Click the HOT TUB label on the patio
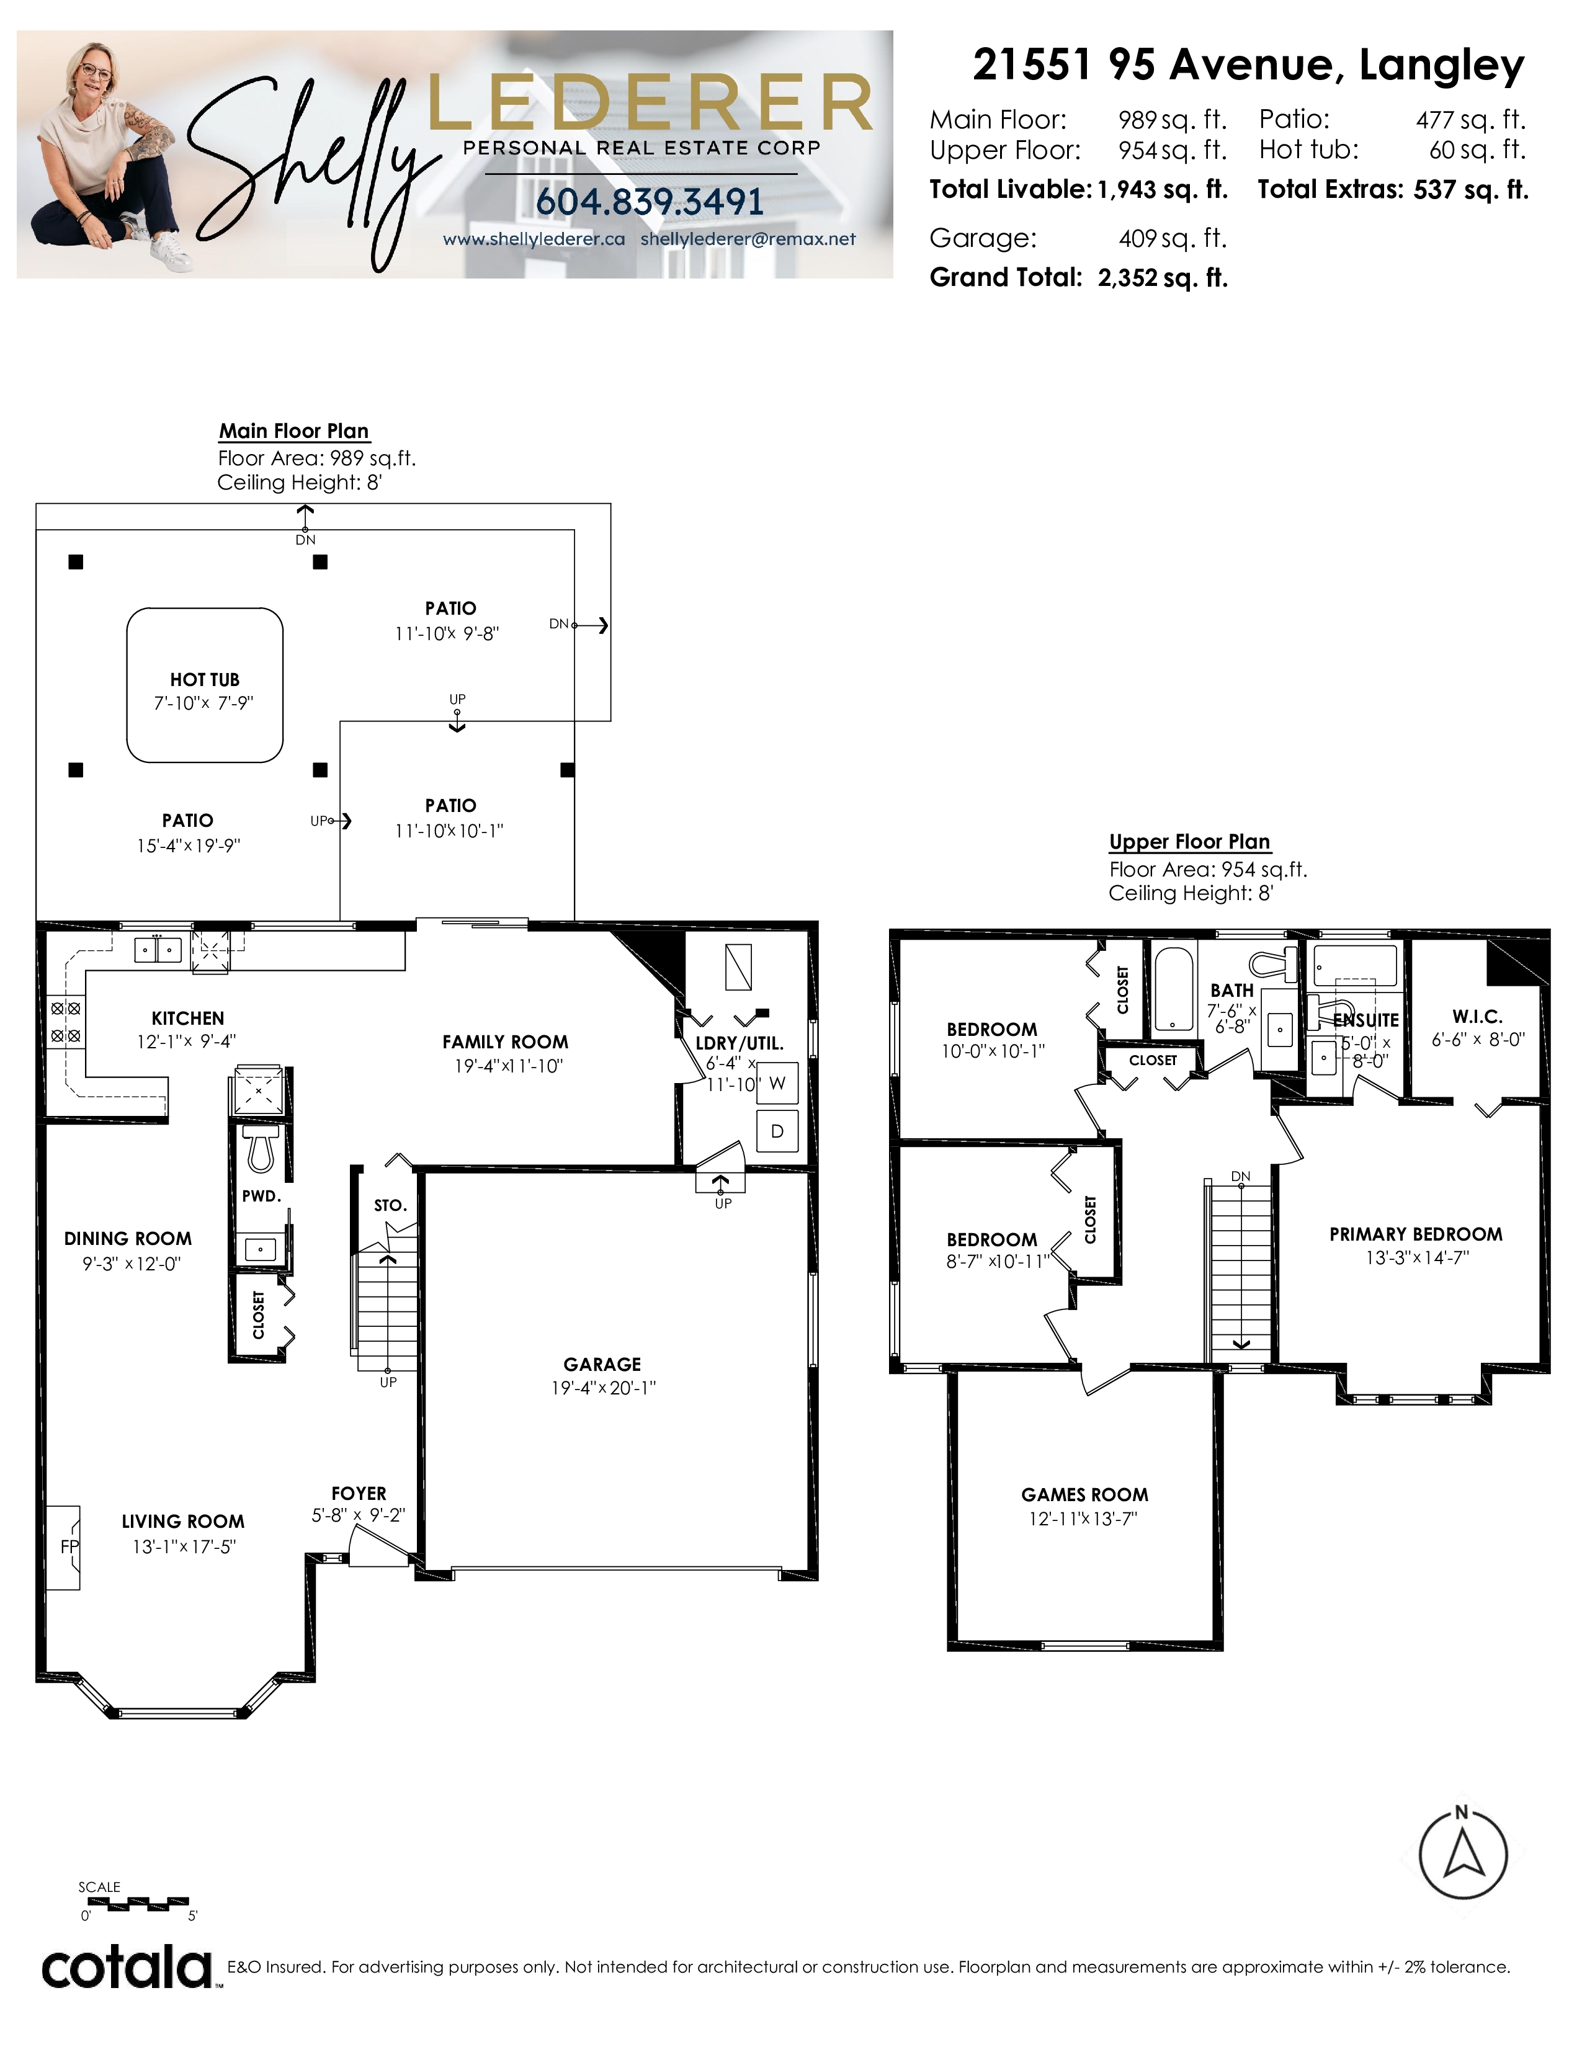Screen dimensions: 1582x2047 click(x=204, y=679)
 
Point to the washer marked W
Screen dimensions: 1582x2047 click(x=777, y=1084)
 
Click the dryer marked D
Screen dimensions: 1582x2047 click(x=777, y=1131)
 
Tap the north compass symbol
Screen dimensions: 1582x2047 click(x=1462, y=1852)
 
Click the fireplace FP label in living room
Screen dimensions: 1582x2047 click(x=69, y=1546)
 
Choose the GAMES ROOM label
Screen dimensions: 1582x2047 click(x=1084, y=1495)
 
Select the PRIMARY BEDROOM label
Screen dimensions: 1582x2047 click(x=1415, y=1234)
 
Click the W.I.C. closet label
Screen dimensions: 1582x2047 click(x=1477, y=1016)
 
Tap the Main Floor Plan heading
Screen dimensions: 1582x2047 click(x=293, y=431)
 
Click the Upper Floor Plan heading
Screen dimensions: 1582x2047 click(x=1189, y=842)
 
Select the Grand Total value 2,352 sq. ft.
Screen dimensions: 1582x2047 click(x=1162, y=277)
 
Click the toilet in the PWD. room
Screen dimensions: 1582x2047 click(x=261, y=1149)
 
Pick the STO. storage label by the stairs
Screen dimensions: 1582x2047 click(x=390, y=1205)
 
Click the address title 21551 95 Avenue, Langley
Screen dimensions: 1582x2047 click(x=1248, y=66)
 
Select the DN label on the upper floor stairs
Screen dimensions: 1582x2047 click(x=1241, y=1176)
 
